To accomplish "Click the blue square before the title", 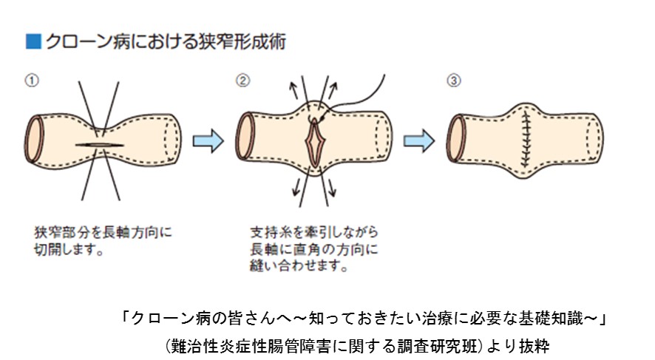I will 32,41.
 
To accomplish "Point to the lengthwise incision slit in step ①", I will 101,143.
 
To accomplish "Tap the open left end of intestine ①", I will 33,139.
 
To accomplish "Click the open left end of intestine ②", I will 244,137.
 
